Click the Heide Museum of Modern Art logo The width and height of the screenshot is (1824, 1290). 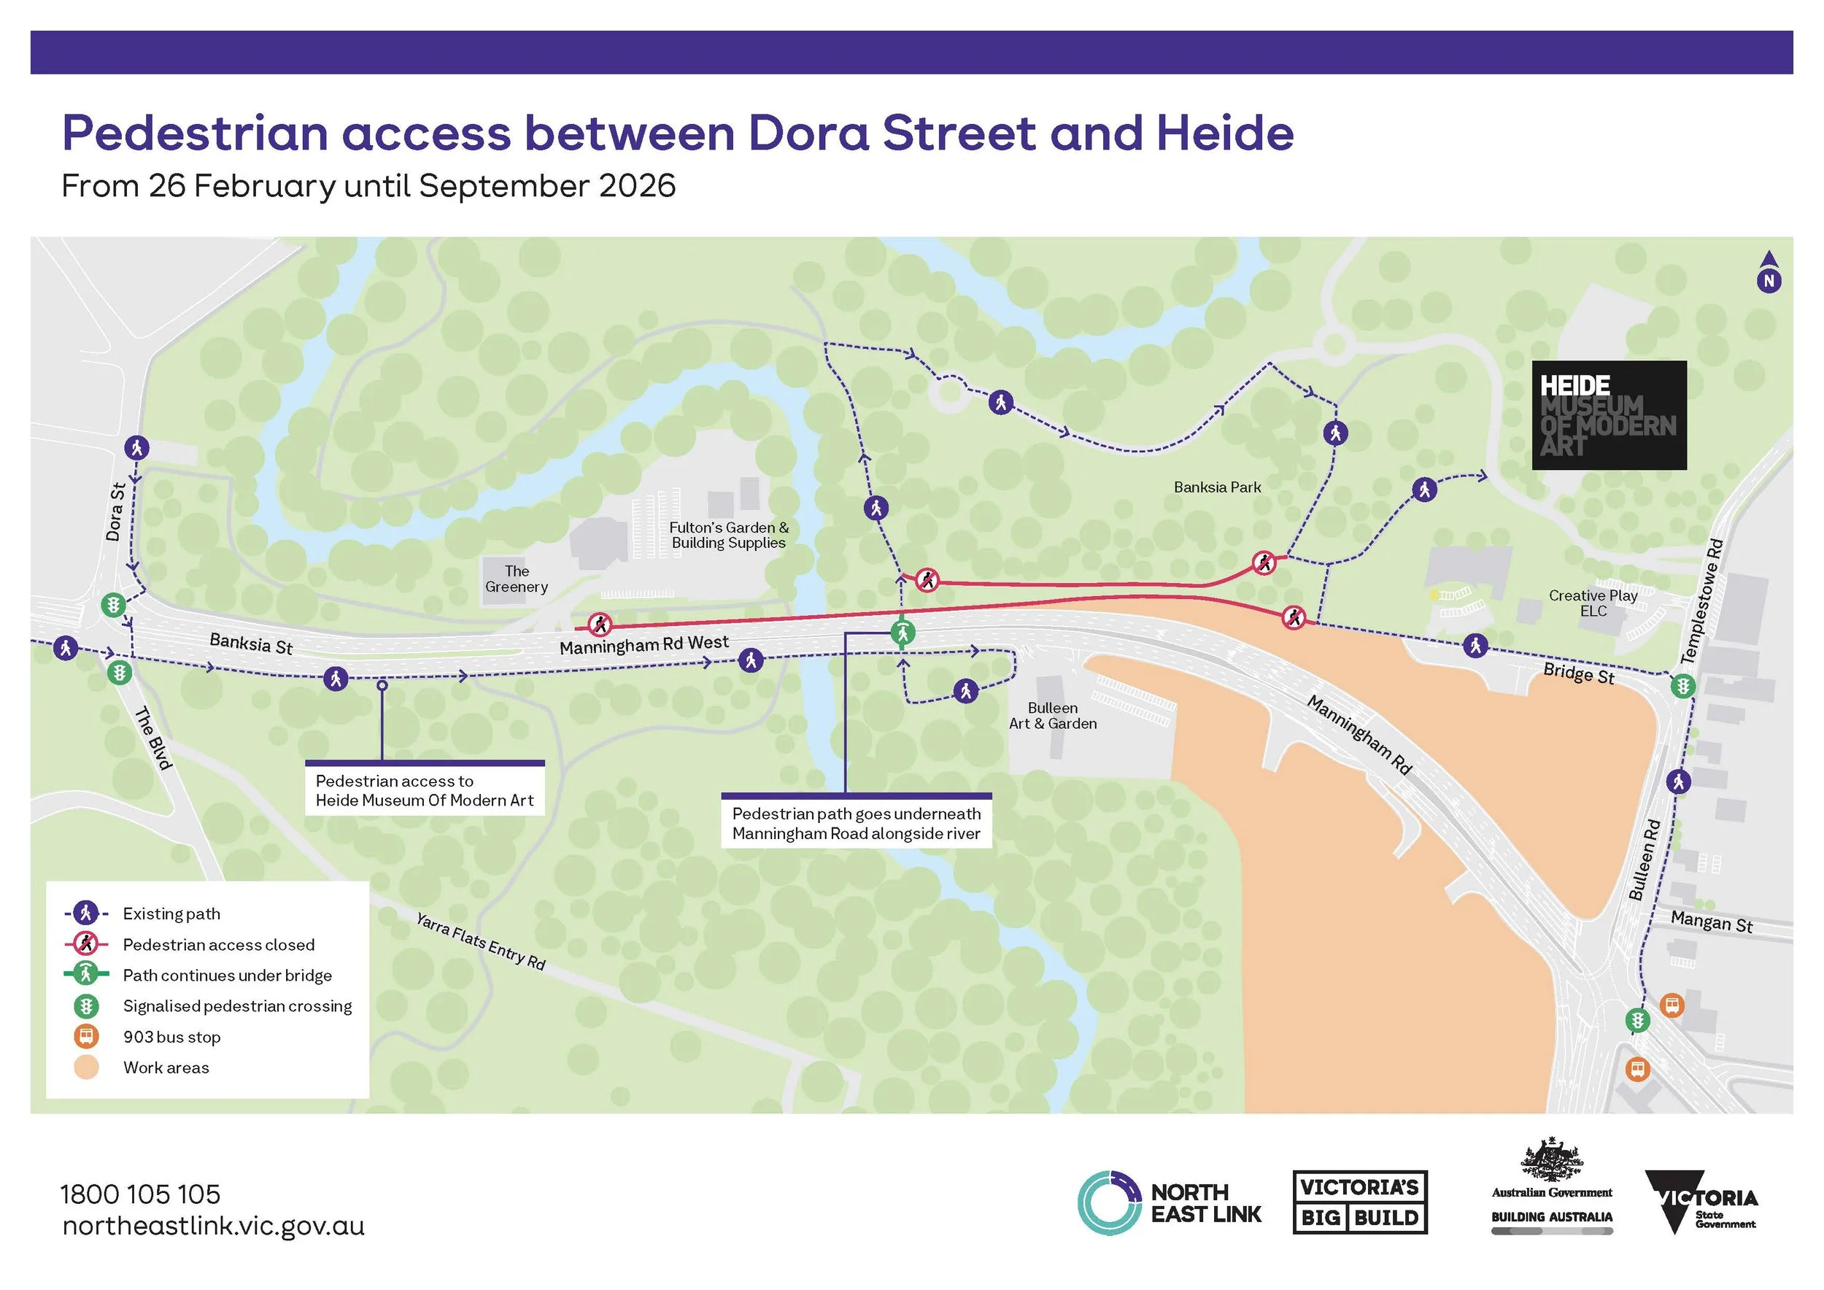[x=1609, y=414]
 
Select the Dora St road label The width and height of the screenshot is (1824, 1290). [x=116, y=511]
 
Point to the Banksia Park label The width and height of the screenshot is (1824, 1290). [x=1217, y=487]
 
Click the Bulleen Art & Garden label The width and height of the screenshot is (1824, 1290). [x=1053, y=716]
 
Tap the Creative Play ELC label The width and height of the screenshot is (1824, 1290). [x=1593, y=603]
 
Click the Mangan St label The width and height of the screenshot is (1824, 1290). [x=1711, y=922]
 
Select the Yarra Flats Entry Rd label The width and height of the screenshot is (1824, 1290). [x=481, y=941]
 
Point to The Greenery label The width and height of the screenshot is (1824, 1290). [x=517, y=579]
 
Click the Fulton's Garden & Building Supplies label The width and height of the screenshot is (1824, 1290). [x=728, y=535]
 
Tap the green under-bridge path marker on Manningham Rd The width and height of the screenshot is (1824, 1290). [x=903, y=633]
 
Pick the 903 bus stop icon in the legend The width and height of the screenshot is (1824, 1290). [x=87, y=1037]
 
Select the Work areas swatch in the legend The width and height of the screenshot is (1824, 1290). [x=87, y=1067]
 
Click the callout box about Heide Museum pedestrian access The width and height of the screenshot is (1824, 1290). [x=425, y=789]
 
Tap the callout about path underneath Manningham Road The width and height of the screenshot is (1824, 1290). [x=857, y=823]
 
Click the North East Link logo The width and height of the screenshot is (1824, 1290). [x=1170, y=1202]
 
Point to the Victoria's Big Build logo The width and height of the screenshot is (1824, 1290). [x=1360, y=1202]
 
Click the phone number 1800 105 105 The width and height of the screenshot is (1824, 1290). [x=141, y=1194]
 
